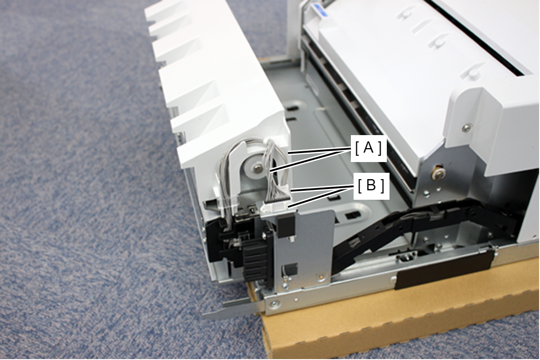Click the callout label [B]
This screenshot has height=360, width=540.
371,186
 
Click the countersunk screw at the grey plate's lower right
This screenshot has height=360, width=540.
321,277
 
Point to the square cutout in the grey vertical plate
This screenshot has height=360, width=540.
293,268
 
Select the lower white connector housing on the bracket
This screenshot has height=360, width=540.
275,207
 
